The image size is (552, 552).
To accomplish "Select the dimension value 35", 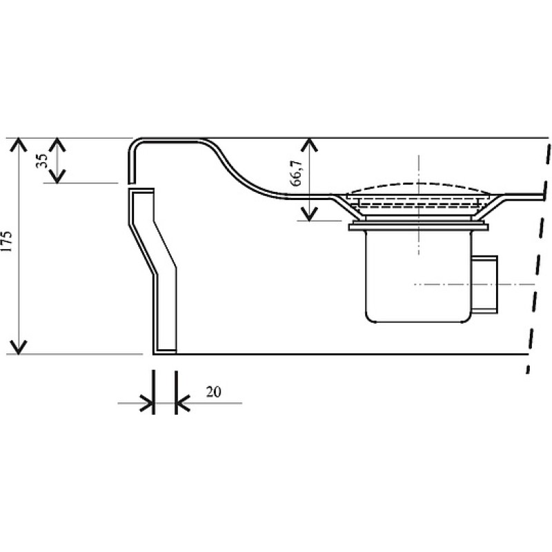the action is (41, 161).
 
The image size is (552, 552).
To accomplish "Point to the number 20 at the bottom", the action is (213, 392).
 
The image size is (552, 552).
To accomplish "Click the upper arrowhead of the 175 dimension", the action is (18, 144).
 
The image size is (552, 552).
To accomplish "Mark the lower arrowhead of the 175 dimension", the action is (18, 347).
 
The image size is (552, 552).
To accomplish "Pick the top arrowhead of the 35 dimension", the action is (57, 144).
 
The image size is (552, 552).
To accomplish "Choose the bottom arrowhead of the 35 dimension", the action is (57, 176).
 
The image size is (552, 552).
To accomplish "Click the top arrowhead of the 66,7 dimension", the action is (308, 144).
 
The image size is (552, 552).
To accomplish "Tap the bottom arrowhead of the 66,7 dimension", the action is (308, 214).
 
